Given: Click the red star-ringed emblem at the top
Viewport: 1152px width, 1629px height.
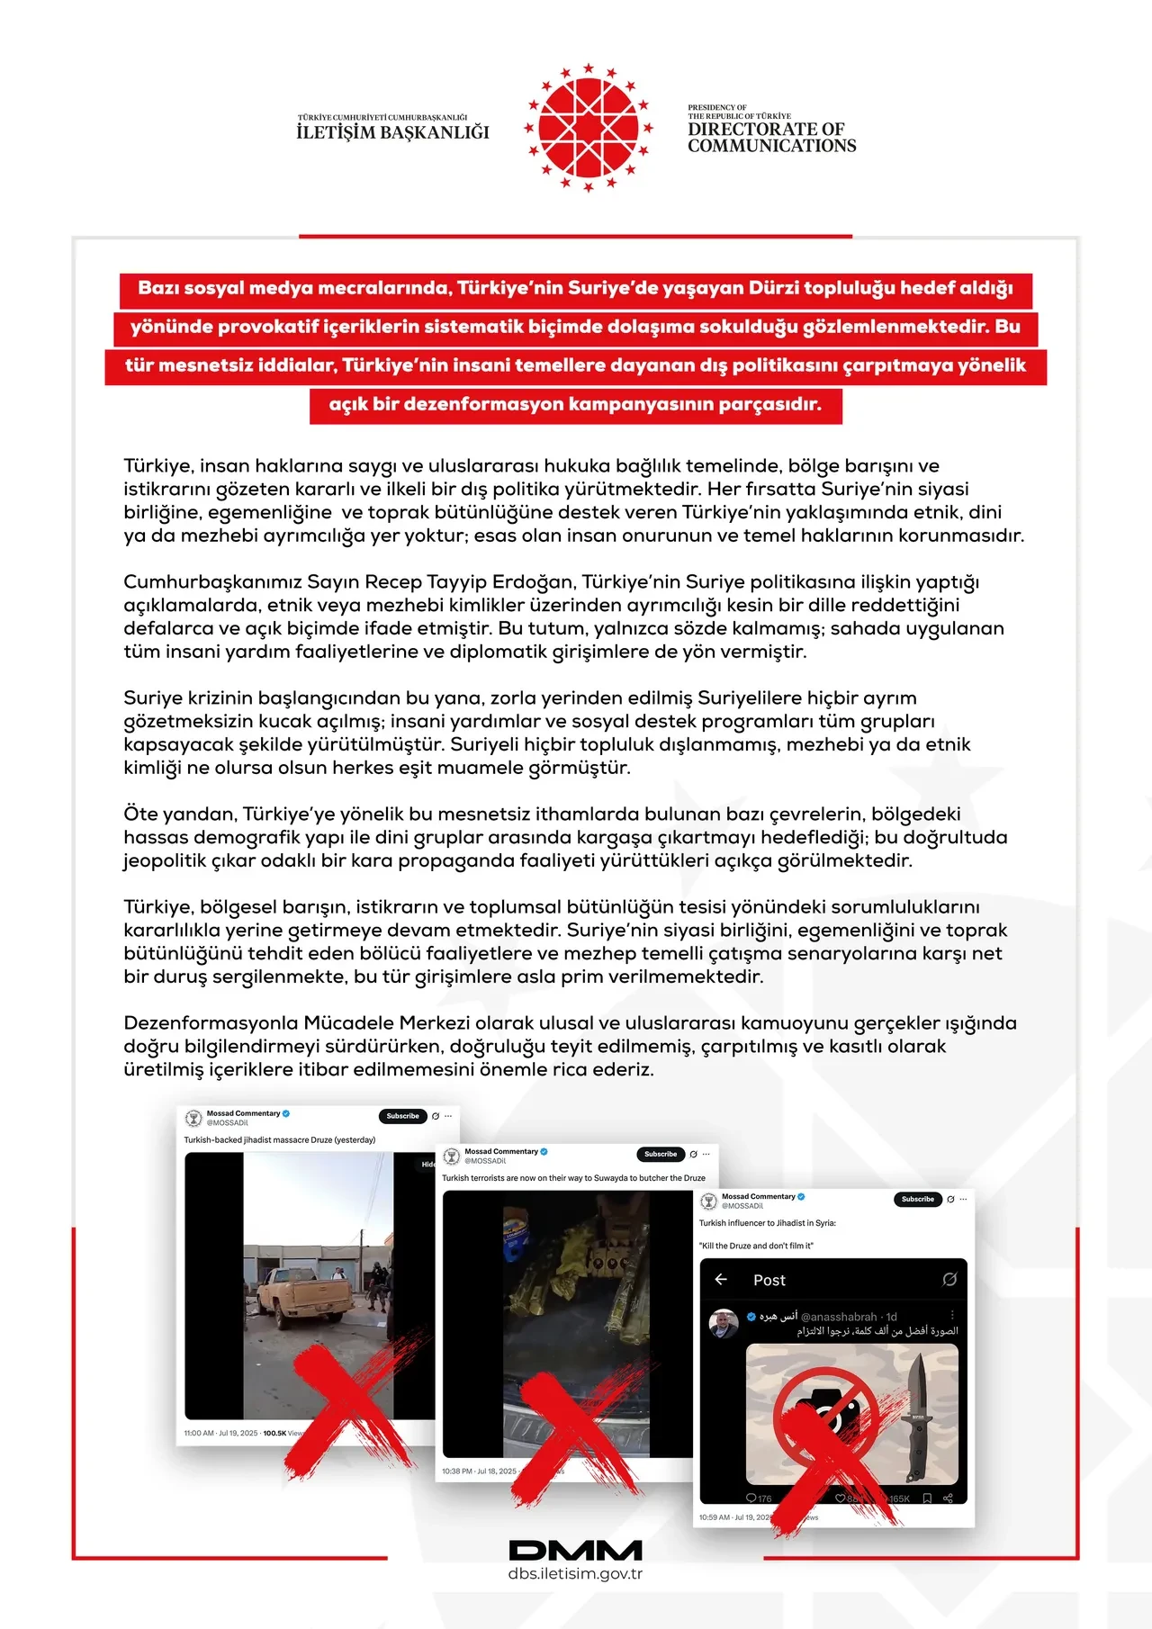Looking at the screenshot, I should [588, 127].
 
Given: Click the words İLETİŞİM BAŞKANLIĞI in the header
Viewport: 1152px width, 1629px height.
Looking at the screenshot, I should [392, 132].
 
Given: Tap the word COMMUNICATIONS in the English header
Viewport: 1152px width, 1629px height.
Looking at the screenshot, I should [771, 146].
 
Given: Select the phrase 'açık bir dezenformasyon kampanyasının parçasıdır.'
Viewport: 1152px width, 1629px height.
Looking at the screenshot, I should [575, 404].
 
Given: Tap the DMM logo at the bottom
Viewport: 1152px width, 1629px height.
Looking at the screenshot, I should [575, 1549].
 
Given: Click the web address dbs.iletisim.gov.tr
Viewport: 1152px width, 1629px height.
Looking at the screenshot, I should [575, 1573].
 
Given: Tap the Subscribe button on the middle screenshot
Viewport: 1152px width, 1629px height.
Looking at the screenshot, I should [661, 1154].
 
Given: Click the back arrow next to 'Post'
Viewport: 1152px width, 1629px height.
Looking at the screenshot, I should [721, 1279].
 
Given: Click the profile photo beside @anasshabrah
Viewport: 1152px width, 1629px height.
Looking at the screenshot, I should [724, 1323].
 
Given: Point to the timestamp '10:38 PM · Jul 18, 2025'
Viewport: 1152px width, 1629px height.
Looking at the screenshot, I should [479, 1471].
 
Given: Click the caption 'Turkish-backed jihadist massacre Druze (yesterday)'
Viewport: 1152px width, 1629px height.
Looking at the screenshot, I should [280, 1139].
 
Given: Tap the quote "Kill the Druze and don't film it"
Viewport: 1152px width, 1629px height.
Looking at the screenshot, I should [756, 1246].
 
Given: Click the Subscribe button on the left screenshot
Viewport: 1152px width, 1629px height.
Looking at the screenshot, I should [402, 1116].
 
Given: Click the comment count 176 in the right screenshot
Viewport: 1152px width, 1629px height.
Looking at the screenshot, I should [760, 1498].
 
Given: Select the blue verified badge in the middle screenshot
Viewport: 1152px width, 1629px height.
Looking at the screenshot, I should [544, 1151].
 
